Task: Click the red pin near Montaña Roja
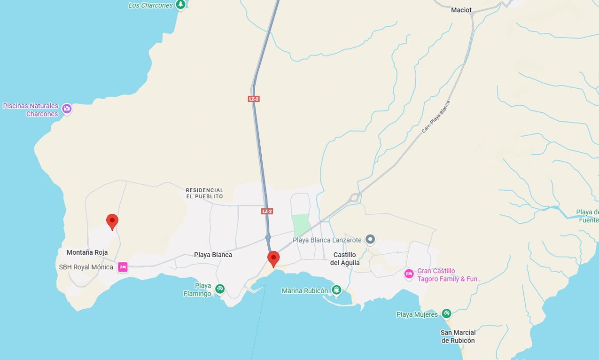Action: tap(112, 221)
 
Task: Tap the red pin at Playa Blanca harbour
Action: tap(273, 258)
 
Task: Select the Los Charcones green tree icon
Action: tap(180, 5)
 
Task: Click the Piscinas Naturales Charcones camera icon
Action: tap(67, 109)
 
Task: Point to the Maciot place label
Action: tap(461, 10)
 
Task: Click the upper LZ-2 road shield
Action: tap(254, 99)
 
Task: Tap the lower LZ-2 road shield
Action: tap(267, 211)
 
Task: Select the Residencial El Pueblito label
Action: tap(205, 193)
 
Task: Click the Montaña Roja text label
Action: tap(87, 252)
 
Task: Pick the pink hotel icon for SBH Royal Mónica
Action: tap(123, 267)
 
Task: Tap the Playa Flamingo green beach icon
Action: tap(219, 289)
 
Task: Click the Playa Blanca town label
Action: tap(213, 255)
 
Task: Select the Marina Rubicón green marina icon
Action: tap(336, 290)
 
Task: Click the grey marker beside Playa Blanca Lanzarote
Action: tap(370, 240)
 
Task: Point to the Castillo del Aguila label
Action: tap(345, 258)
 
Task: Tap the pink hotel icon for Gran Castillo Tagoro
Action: tap(409, 274)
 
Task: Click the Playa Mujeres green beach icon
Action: tap(446, 313)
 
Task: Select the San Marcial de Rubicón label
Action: tap(458, 337)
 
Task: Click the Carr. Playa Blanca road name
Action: tap(436, 117)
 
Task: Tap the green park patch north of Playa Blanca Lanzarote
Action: tap(301, 225)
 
